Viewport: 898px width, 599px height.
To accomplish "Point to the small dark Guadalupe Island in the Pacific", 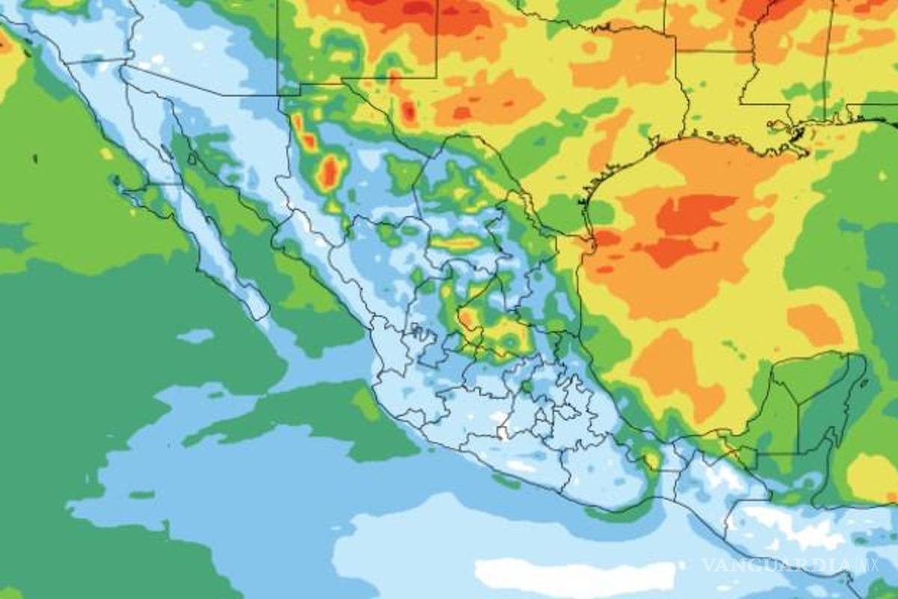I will [x=34, y=159].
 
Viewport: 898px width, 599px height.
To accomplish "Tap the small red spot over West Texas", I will [x=408, y=112].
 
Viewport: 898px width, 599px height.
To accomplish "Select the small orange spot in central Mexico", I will [x=466, y=320].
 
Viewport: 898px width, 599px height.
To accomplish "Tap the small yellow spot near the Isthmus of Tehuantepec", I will [x=653, y=457].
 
